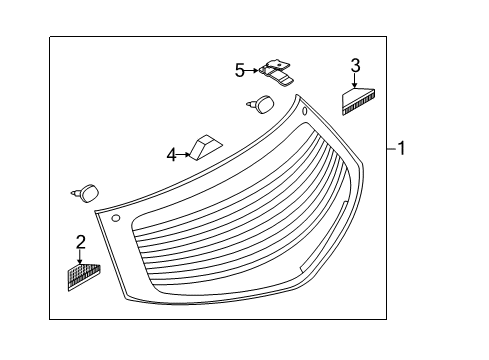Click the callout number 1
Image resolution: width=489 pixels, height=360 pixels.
point(401,148)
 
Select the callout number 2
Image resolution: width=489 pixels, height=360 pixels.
point(81,242)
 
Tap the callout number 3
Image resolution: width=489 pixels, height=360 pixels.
point(355,66)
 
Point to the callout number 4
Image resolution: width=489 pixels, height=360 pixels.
point(171,155)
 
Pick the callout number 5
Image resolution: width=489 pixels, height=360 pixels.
point(240,71)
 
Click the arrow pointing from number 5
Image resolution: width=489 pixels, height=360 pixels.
point(252,70)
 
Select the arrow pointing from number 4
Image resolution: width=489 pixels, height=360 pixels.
point(184,155)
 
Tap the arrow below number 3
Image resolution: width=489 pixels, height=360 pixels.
point(354,80)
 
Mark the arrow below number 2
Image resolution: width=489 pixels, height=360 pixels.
point(80,257)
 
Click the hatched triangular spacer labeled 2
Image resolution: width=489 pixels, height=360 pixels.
point(84,276)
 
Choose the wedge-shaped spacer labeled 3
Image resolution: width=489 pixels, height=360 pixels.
point(358,100)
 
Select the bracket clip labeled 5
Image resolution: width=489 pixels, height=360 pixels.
point(276,73)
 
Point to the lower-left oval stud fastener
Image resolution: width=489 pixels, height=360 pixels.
point(86,193)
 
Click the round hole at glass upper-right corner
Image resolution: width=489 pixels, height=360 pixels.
point(305,111)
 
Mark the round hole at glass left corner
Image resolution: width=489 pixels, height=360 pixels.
point(115,218)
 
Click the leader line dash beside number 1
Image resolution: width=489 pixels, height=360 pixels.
point(392,148)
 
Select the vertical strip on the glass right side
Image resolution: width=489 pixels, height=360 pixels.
point(324,236)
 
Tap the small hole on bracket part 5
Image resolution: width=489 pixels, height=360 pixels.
point(277,64)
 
